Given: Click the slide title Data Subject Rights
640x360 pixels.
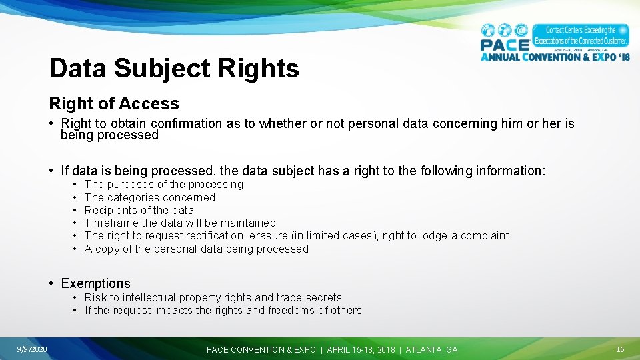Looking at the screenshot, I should pyautogui.click(x=174, y=68).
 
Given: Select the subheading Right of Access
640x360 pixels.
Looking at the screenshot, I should pyautogui.click(x=114, y=103).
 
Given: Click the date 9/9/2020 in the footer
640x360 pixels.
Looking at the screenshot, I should pyautogui.click(x=32, y=349).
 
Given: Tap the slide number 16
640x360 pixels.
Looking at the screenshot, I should pyautogui.click(x=619, y=349).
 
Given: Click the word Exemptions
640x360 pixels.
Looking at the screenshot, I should pyautogui.click(x=95, y=283).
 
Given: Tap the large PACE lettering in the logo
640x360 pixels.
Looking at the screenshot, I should pyautogui.click(x=505, y=45).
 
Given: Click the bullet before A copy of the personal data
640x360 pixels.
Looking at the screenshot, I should pyautogui.click(x=76, y=249).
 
